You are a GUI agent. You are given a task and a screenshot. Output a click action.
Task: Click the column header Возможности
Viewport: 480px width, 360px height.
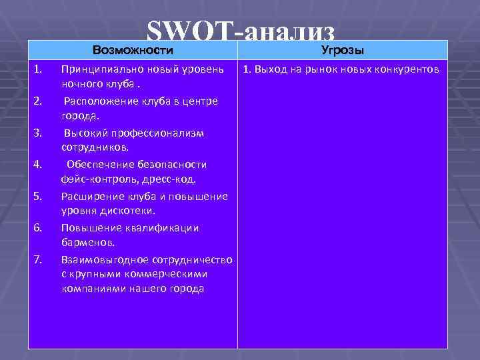pos(133,50)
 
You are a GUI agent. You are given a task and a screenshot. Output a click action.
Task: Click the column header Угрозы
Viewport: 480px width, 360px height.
pos(342,50)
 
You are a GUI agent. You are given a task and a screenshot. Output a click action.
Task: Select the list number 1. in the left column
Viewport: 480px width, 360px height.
pos(39,69)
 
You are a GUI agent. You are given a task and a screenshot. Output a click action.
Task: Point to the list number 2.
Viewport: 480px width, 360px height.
pos(39,101)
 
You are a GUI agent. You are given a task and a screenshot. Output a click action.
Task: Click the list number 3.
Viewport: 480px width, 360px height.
pos(39,133)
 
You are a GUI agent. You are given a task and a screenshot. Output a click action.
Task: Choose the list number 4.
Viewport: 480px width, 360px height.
pos(39,164)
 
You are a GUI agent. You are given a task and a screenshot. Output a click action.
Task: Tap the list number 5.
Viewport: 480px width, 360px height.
pos(39,196)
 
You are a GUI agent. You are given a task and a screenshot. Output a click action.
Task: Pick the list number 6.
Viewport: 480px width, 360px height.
pos(39,227)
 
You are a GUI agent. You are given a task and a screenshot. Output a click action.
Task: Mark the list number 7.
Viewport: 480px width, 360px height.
pos(39,259)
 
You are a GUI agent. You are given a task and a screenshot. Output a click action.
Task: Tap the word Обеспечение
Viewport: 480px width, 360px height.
pos(101,165)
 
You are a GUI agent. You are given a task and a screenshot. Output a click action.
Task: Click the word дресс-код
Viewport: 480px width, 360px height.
pos(173,179)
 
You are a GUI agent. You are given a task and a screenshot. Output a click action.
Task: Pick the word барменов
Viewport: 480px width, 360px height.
pos(88,242)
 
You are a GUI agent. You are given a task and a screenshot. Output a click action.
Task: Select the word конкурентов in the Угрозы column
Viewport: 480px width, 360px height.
pos(406,69)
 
